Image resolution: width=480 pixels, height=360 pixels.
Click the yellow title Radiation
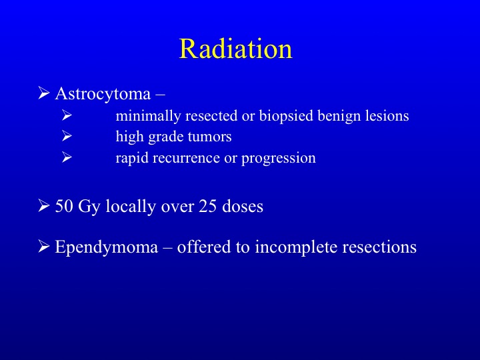[x=236, y=49]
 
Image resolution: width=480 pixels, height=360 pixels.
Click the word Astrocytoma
[x=103, y=94]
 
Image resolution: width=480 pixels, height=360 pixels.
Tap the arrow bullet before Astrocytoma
[x=44, y=93]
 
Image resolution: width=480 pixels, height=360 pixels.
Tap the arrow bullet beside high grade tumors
[x=67, y=136]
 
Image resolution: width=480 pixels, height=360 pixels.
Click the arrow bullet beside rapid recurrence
[x=67, y=157]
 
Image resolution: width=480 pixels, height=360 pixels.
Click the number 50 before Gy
[x=64, y=206]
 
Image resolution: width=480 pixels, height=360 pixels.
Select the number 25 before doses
[x=208, y=206]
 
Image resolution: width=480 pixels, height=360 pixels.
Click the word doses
[x=243, y=206]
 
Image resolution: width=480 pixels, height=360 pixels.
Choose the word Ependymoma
[x=107, y=247]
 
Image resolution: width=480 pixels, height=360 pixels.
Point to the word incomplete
[x=296, y=247]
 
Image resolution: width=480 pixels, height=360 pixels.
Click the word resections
[x=379, y=247]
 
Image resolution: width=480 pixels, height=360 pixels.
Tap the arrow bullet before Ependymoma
[x=44, y=246]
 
